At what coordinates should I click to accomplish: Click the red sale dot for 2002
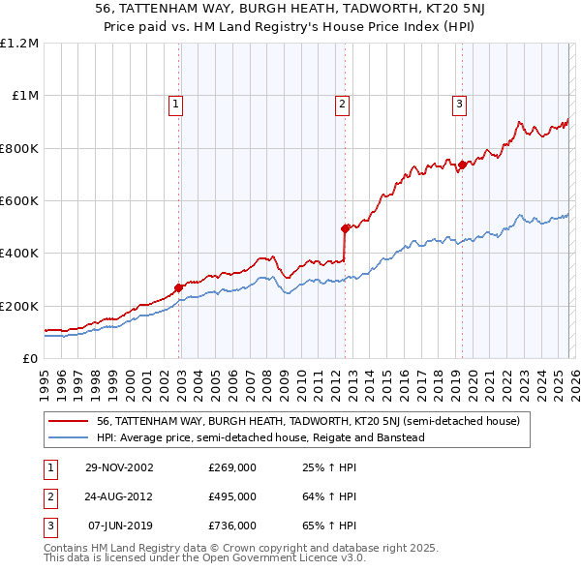[179, 287]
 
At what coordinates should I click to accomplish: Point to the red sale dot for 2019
[462, 165]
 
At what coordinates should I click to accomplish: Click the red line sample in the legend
[69, 421]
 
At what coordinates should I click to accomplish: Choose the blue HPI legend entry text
[260, 437]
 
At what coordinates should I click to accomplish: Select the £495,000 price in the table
[232, 496]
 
